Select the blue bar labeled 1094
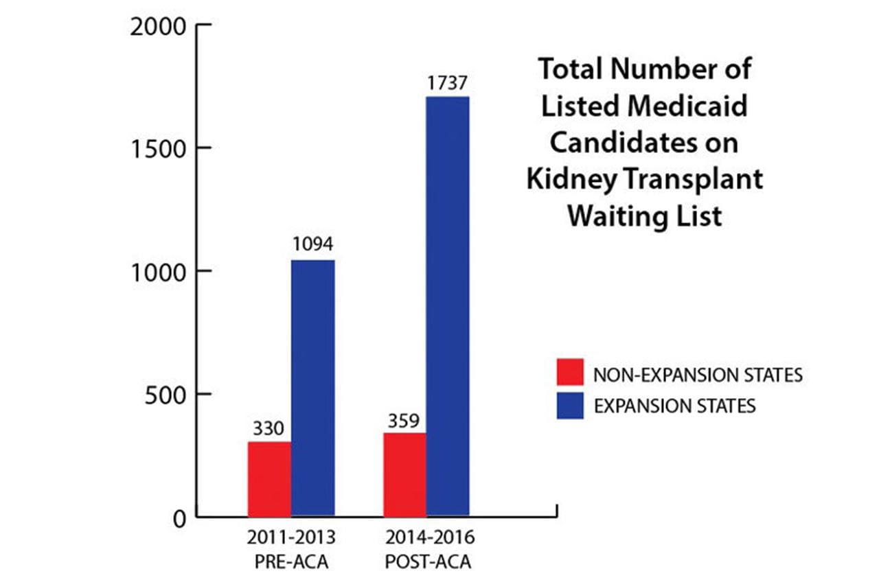pos(312,388)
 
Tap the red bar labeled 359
pos(404,474)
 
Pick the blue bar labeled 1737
pos(447,306)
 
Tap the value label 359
pos(404,419)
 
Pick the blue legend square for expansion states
pos(569,405)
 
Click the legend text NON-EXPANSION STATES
pos(698,375)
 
